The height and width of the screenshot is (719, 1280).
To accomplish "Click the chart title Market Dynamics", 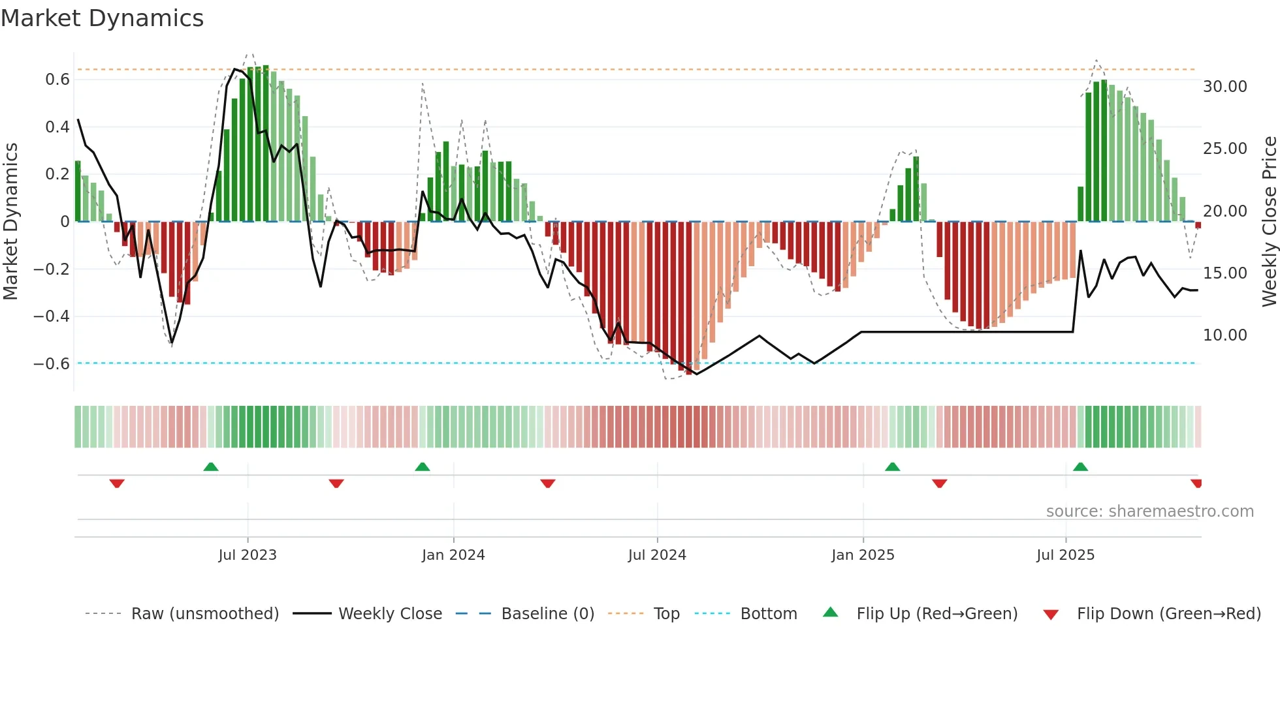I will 102,18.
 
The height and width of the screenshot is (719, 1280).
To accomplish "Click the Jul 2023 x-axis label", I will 248,555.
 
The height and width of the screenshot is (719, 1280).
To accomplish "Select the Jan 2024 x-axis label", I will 453,555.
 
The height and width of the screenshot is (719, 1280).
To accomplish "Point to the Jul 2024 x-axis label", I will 657,555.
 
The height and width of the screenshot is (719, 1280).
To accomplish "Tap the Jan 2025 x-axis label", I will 863,555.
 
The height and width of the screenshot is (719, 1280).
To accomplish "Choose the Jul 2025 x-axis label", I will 1065,555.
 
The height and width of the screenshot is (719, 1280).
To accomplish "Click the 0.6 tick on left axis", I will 57,80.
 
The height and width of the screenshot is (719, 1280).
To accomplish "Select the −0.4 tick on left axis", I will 52,316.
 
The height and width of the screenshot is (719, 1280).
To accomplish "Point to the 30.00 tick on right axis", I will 1225,87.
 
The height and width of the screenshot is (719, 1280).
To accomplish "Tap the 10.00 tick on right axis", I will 1225,335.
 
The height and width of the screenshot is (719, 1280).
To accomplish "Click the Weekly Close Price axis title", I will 1269,222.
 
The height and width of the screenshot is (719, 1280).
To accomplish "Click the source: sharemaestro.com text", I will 1149,512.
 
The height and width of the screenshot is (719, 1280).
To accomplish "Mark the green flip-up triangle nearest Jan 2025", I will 892,467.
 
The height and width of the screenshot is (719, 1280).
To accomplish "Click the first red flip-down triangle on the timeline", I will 117,483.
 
